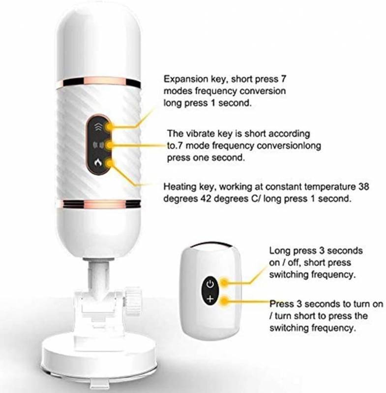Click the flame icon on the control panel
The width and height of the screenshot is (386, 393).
pyautogui.click(x=98, y=163)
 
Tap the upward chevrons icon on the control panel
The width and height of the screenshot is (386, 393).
pyautogui.click(x=98, y=127)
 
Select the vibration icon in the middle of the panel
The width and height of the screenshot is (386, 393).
pyautogui.click(x=98, y=145)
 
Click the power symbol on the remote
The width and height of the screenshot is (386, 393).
pyautogui.click(x=210, y=284)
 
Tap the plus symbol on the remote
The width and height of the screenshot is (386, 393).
pyautogui.click(x=210, y=299)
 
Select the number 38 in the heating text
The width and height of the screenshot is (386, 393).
pyautogui.click(x=363, y=187)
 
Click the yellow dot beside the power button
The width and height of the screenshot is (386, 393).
pyautogui.click(x=224, y=282)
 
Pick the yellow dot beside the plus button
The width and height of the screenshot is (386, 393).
pyautogui.click(x=224, y=301)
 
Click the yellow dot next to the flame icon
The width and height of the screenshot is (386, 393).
pyautogui.click(x=110, y=164)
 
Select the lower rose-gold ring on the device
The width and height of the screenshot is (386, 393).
pyautogui.click(x=98, y=204)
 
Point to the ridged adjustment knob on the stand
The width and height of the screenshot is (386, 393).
pyautogui.click(x=133, y=300)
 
